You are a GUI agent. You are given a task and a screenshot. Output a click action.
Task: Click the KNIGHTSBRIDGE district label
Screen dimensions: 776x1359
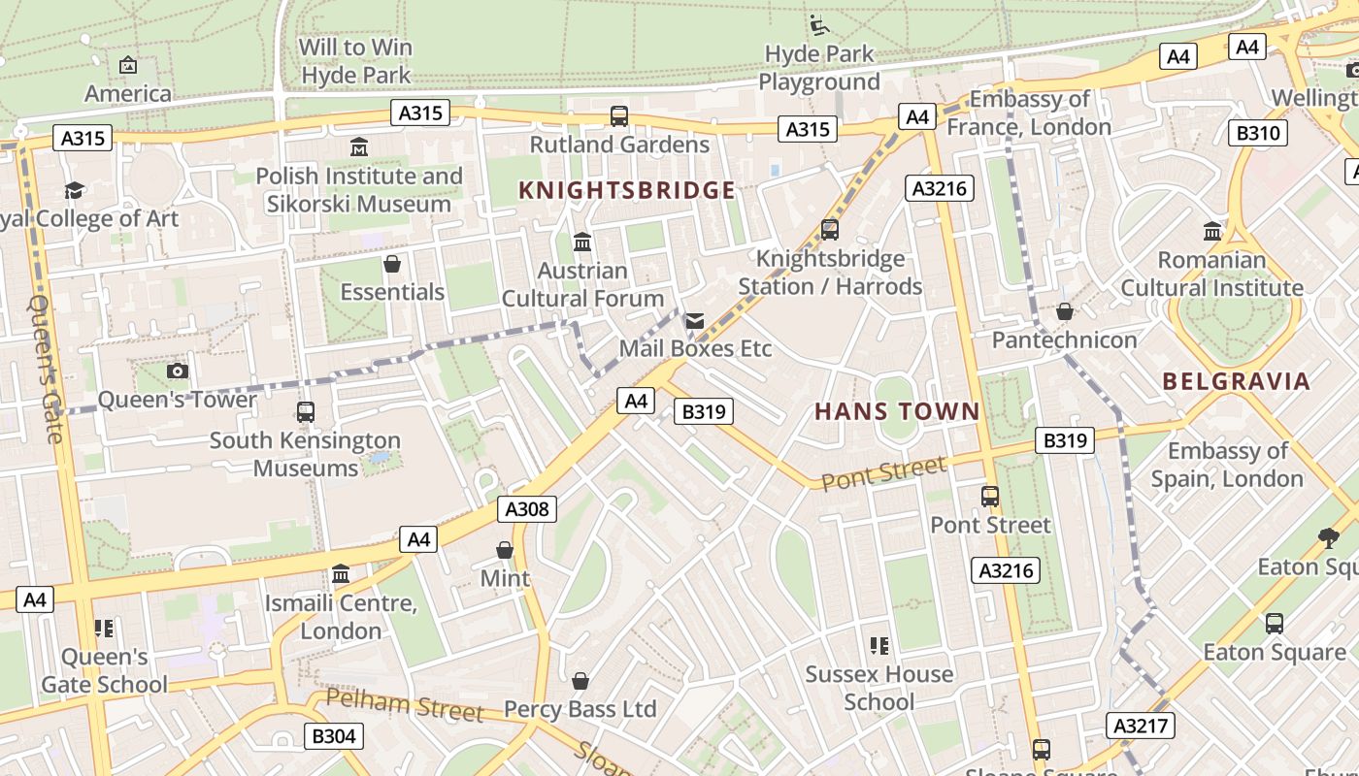(x=627, y=190)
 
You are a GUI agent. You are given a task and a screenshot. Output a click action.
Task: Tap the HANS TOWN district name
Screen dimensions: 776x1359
(x=897, y=411)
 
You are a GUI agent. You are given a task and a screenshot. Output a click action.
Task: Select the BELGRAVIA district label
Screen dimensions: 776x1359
(x=1237, y=381)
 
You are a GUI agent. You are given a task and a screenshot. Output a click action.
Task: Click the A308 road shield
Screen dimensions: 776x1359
(x=527, y=508)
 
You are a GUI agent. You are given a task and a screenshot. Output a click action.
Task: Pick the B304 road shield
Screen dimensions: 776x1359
(x=333, y=736)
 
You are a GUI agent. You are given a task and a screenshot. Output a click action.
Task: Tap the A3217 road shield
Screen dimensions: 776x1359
(x=1141, y=726)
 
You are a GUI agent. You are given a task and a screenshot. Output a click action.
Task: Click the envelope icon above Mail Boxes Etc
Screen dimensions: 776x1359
(x=694, y=321)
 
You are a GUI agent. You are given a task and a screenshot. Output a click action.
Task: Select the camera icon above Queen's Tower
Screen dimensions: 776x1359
(x=177, y=371)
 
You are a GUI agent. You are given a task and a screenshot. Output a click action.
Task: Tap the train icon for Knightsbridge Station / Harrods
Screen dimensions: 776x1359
(x=829, y=230)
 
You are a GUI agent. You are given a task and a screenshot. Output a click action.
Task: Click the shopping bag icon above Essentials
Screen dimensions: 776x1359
(x=392, y=264)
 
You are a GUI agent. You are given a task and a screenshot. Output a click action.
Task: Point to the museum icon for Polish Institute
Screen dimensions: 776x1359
(x=359, y=147)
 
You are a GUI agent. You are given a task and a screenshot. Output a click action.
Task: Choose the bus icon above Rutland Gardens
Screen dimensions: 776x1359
(x=619, y=116)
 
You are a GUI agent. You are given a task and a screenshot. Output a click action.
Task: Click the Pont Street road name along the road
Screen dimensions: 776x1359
(x=883, y=473)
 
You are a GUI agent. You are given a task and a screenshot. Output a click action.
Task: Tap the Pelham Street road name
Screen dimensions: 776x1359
(x=404, y=704)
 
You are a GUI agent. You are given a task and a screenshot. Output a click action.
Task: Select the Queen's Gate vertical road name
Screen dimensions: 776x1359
(x=46, y=369)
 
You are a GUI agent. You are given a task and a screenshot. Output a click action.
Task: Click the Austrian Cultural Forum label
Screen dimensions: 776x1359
(x=582, y=284)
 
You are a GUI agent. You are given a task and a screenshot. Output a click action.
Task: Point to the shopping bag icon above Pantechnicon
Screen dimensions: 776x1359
(x=1065, y=311)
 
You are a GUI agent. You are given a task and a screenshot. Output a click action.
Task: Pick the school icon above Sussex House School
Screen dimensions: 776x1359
(x=879, y=646)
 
